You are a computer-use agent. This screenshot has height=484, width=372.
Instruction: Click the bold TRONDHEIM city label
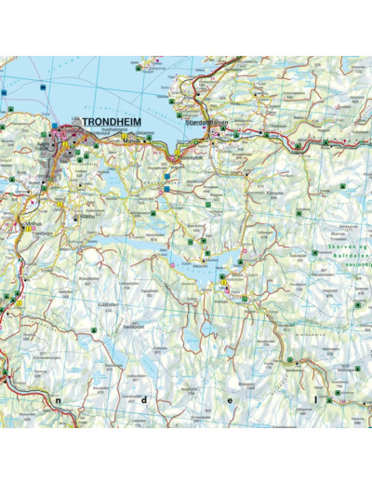tap(116, 121)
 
